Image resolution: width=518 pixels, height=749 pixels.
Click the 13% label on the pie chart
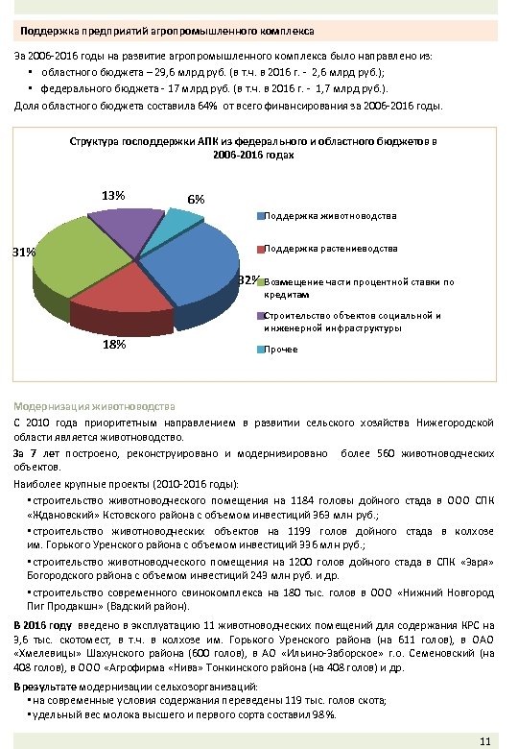(114, 196)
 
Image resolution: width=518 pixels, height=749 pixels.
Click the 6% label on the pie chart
(195, 199)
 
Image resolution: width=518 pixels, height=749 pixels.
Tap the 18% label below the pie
(114, 345)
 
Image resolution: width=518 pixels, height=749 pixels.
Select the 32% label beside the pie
(248, 280)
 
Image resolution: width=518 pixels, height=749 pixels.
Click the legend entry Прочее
(280, 349)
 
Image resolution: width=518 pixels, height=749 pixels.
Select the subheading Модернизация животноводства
(94, 405)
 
